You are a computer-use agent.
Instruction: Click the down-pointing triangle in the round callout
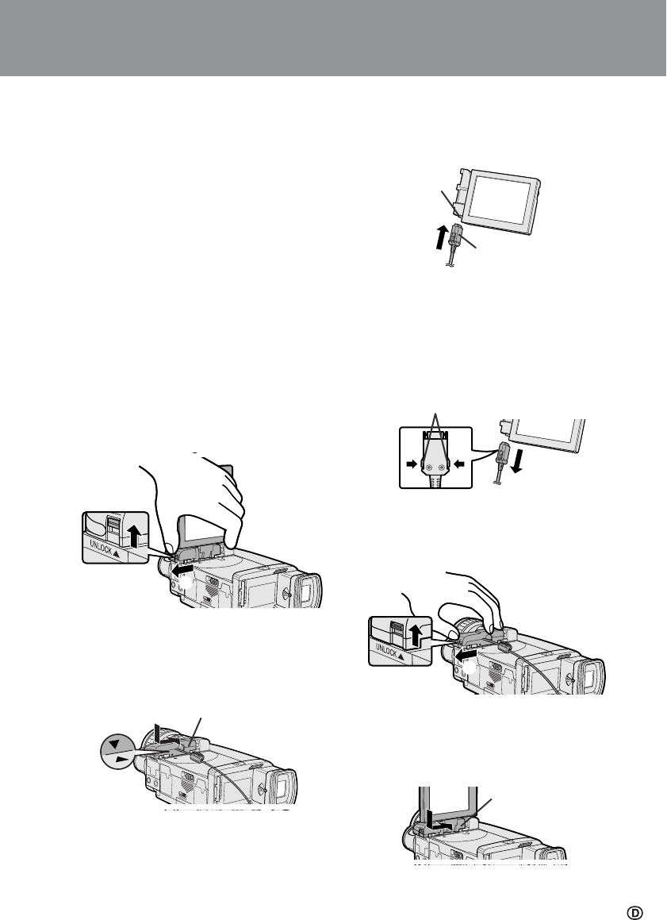tap(114, 744)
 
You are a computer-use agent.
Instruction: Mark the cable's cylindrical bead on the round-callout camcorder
tap(197, 758)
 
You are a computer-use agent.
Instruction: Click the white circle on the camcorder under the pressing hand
tap(470, 667)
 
